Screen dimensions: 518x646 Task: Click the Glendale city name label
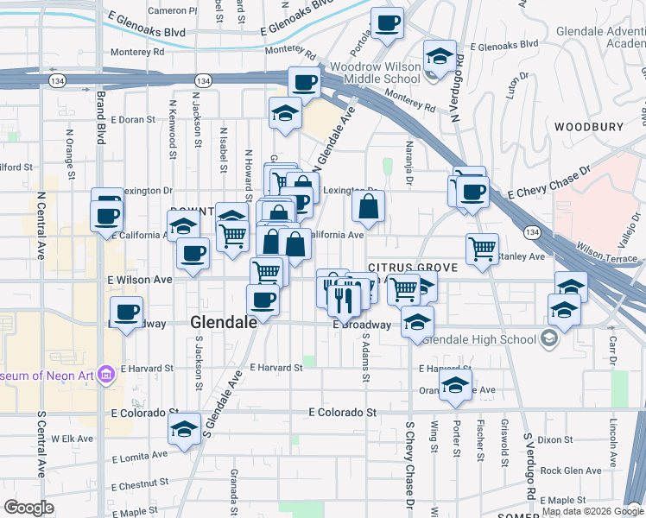coord(223,322)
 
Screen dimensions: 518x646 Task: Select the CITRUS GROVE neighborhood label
coord(412,268)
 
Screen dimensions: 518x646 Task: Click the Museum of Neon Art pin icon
coord(106,375)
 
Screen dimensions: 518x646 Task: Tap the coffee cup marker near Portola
coord(387,23)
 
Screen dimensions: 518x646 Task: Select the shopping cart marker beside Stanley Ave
coord(482,249)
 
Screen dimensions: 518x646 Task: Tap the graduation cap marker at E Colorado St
coord(184,429)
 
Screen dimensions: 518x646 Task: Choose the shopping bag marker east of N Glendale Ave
coord(368,206)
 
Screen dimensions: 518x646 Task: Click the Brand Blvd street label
coord(101,117)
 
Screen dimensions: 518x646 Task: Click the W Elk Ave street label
coord(72,439)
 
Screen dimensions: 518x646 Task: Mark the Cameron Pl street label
coord(172,10)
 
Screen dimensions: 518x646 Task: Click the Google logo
coord(28,508)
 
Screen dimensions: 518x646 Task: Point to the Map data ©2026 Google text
coord(592,511)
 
